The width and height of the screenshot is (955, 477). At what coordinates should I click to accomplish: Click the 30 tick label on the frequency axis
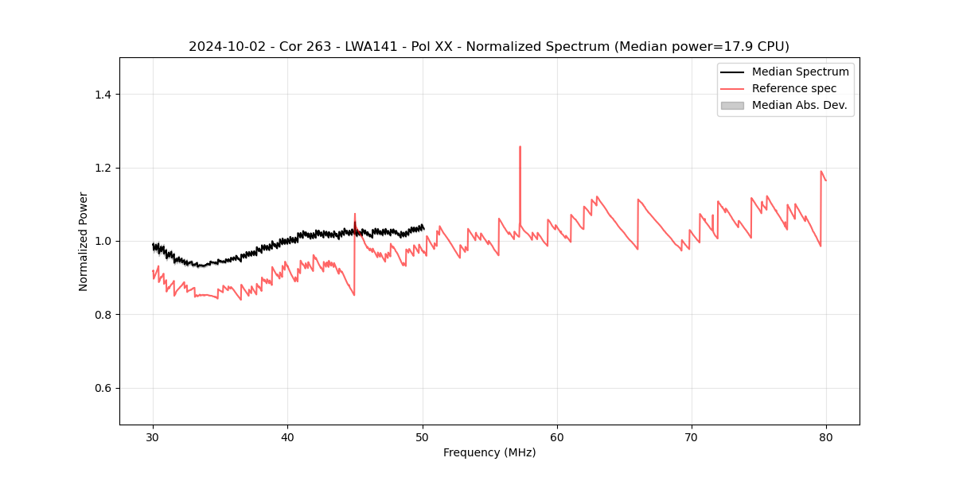tap(153, 436)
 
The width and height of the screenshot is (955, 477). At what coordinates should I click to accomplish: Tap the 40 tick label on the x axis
tap(287, 436)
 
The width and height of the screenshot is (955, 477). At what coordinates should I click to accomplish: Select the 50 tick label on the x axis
tap(423, 436)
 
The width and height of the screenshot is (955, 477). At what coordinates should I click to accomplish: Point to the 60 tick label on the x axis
tap(557, 436)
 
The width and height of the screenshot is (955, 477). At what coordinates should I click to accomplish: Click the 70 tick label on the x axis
tap(692, 436)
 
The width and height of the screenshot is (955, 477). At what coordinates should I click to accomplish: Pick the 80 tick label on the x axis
tap(826, 436)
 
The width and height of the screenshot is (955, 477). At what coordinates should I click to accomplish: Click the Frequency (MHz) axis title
tap(489, 452)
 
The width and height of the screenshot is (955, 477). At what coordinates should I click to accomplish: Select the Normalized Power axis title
tap(84, 241)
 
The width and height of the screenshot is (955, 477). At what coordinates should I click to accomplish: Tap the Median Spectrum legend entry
tap(800, 72)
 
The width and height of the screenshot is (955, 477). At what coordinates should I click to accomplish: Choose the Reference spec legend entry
tap(794, 88)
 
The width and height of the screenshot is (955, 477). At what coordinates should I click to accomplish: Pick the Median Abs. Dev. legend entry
tap(799, 105)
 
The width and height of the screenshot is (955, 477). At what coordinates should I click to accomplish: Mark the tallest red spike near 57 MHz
tap(520, 147)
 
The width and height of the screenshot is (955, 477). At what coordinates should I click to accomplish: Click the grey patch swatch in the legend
tap(732, 105)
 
